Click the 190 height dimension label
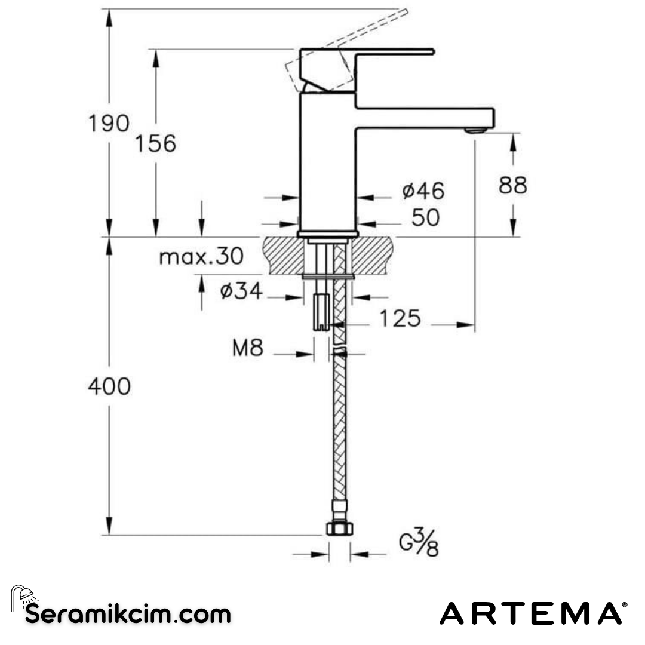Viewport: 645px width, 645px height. point(109,124)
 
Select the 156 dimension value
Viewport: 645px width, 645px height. point(155,144)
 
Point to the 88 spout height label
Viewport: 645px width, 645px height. point(513,186)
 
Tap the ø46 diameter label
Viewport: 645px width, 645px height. point(423,191)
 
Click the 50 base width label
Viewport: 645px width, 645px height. point(425,218)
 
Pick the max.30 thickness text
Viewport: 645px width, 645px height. point(201,257)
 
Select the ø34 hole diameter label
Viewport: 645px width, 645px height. point(241,291)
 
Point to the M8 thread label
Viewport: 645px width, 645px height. point(247,348)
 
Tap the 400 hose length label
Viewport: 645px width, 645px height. point(109,387)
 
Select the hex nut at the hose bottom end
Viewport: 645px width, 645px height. point(340,528)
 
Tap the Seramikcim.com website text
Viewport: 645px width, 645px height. point(128,613)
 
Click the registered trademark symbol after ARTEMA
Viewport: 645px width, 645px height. point(625,605)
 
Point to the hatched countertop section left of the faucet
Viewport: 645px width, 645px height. point(282,256)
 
